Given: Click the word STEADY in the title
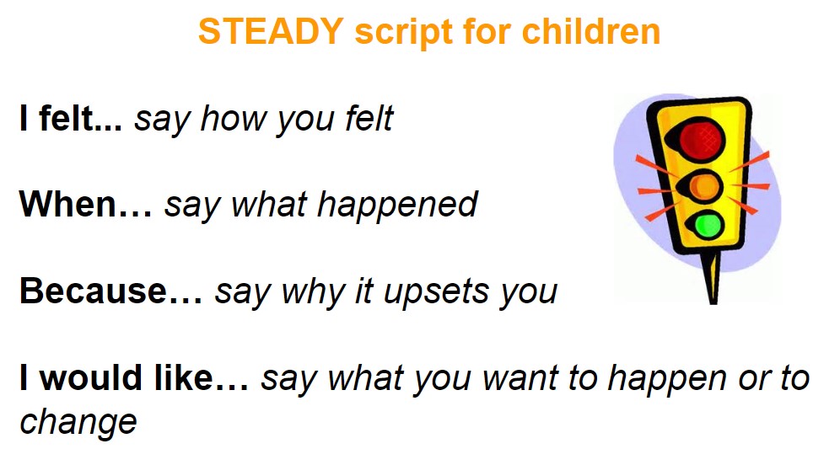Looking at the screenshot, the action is tap(271, 31).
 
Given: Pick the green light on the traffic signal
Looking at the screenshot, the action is tap(707, 225).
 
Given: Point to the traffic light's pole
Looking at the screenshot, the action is tap(712, 276).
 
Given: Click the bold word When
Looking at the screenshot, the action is tap(67, 204).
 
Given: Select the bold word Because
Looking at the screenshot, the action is tap(94, 291).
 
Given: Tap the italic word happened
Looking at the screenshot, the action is tap(397, 206).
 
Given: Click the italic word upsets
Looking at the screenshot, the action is tap(437, 293).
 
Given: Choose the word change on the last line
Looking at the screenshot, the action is tap(78, 423).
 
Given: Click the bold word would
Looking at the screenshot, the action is tap(90, 377).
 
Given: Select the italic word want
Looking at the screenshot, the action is tap(520, 378).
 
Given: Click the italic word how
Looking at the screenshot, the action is tap(235, 118).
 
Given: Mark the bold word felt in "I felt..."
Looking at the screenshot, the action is tap(65, 118).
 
